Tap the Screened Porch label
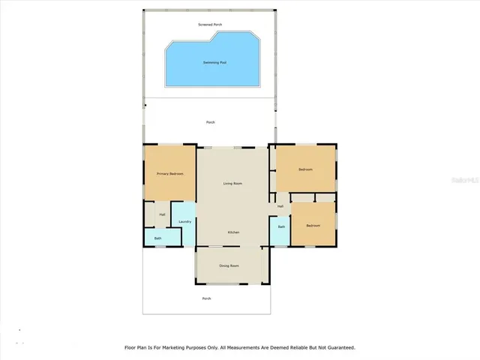[x=210, y=25]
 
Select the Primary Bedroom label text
[x=170, y=174]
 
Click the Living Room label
[x=232, y=183]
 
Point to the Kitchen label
[x=233, y=232]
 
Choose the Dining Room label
[x=229, y=266]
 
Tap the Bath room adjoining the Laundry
[x=158, y=238]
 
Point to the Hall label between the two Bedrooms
[x=280, y=206]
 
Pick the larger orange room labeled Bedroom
[x=305, y=169]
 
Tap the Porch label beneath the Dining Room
[x=206, y=298]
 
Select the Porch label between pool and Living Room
[x=211, y=122]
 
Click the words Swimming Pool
[x=215, y=62]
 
